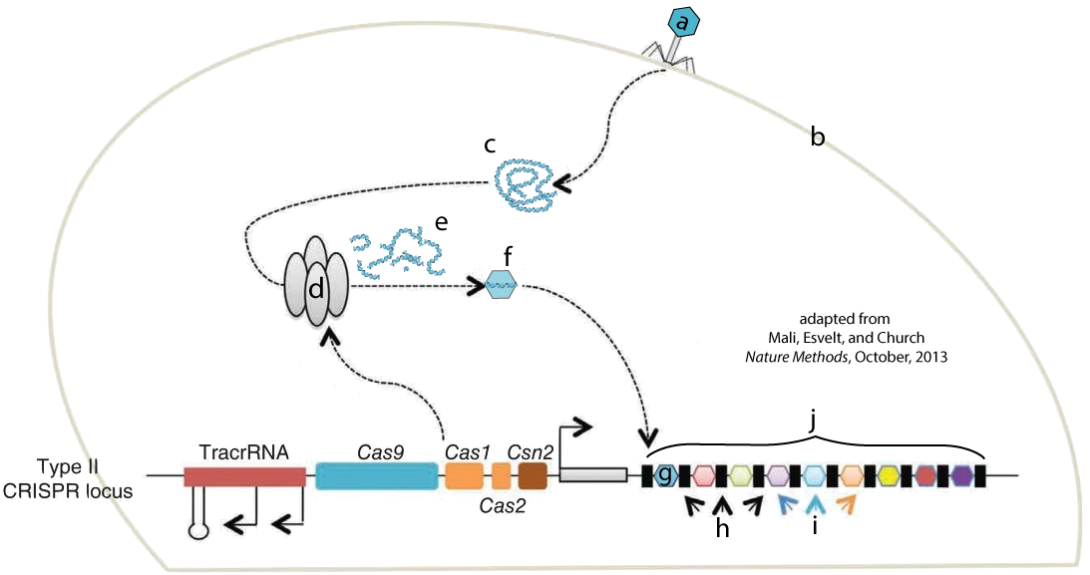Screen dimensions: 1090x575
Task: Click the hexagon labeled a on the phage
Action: [x=683, y=23]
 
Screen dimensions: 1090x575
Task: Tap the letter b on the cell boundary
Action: [x=818, y=138]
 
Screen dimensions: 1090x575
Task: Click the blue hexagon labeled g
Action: [x=666, y=475]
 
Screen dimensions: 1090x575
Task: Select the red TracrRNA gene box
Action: [x=244, y=476]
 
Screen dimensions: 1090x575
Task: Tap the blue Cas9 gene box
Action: [x=376, y=475]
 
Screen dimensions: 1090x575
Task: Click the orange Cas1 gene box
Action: [x=464, y=475]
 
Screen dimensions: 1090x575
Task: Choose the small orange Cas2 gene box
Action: [x=501, y=475]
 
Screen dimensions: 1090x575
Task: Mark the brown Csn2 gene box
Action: [x=534, y=475]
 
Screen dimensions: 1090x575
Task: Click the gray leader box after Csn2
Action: [x=593, y=475]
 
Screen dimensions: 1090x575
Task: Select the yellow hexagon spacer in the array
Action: [x=888, y=475]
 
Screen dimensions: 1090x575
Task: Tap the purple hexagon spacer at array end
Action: [x=962, y=475]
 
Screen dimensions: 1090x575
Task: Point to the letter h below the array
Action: [x=722, y=529]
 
